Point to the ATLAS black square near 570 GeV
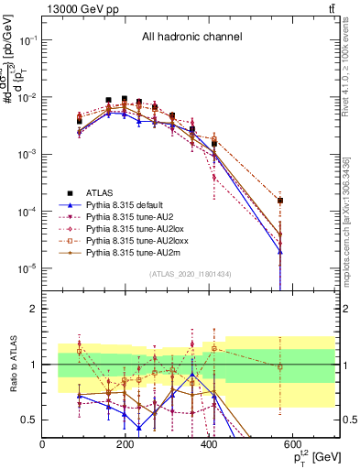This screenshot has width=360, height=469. click(280, 200)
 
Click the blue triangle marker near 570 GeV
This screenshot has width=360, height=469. click(280, 252)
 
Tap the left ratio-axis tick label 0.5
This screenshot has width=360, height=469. click(29, 420)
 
